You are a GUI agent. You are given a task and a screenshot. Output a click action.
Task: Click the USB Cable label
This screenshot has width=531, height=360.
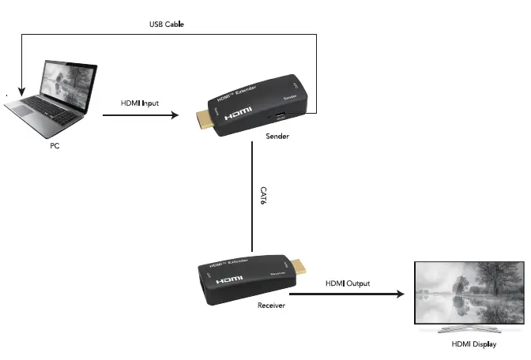point(167,24)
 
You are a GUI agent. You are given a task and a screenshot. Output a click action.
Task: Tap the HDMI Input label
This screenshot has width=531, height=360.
point(140,103)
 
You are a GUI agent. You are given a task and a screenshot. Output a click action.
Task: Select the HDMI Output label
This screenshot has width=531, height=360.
point(348,283)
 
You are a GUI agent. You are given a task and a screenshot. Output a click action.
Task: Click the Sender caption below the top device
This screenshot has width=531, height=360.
point(277,137)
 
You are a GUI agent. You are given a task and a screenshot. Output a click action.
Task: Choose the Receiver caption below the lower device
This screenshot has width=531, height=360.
point(271,304)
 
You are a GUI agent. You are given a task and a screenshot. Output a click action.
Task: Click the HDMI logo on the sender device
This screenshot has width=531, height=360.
point(238,115)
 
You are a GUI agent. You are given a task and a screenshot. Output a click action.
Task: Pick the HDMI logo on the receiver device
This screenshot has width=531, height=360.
point(230,279)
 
